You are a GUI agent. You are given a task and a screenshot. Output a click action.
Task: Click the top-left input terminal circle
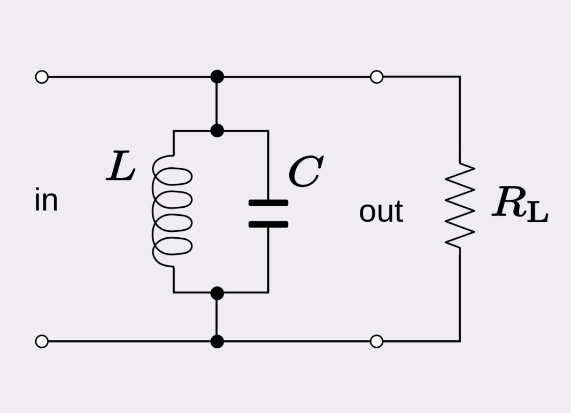[x=42, y=77]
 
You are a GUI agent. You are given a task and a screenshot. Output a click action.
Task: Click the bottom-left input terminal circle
[x=42, y=341]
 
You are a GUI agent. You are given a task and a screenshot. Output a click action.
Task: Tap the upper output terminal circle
[x=376, y=77]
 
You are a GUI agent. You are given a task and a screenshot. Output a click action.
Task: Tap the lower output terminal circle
[x=376, y=341]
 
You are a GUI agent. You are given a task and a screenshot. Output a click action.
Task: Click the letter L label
[x=121, y=166]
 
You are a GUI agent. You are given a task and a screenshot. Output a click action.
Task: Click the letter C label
[x=305, y=172]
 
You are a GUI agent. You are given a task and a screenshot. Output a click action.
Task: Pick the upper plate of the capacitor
[x=268, y=203]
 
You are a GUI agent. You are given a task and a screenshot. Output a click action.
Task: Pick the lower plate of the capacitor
[x=268, y=224]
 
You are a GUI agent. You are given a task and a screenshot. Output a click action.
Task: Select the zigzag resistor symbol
[x=460, y=206]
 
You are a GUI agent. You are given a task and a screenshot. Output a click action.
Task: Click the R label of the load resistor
[x=508, y=203]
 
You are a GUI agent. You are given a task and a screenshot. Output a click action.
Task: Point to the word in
[x=46, y=201]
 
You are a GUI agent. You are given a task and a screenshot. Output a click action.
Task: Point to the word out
[x=381, y=212]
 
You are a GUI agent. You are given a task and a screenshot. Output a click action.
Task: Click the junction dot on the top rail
[x=217, y=76]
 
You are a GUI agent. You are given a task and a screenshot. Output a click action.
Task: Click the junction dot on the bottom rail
[x=217, y=341]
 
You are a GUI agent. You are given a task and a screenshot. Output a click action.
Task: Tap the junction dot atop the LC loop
[x=217, y=130]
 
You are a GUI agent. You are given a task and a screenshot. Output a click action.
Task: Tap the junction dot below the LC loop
[x=217, y=293]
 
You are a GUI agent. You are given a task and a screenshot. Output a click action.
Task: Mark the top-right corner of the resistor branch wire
[x=460, y=77]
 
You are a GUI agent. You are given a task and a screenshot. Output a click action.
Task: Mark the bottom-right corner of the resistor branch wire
[x=460, y=341]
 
